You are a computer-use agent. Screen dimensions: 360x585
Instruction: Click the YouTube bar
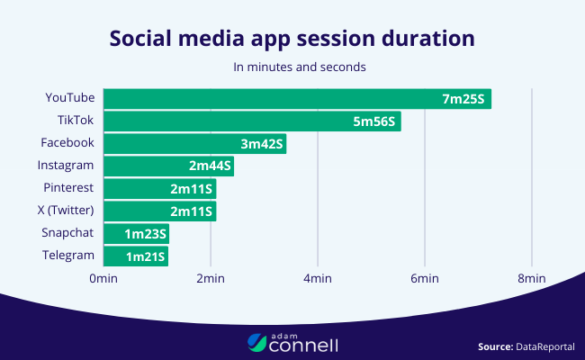297,98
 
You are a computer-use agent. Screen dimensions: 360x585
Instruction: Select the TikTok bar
252,121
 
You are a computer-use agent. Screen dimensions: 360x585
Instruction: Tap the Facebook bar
194,143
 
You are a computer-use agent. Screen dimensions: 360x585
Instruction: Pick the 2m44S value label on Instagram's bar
210,166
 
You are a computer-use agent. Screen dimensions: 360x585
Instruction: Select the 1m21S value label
145,256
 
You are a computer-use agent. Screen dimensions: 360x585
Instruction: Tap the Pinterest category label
68,187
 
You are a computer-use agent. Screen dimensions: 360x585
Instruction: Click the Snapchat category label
68,233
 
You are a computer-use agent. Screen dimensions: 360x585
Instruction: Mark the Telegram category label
68,256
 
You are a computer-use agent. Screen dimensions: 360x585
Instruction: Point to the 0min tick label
103,280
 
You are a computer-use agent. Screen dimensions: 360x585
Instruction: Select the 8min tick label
531,280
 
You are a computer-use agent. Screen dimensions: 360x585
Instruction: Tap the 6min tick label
424,280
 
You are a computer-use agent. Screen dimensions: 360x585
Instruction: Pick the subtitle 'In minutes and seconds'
292,67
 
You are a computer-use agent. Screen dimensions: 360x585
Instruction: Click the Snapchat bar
136,234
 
